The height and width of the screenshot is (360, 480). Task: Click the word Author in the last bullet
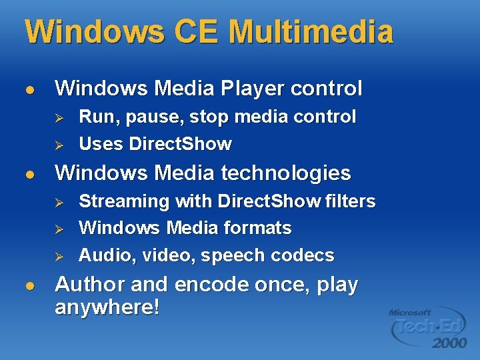coord(90,285)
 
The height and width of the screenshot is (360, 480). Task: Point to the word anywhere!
coord(107,308)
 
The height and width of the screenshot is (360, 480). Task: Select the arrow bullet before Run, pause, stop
coord(59,117)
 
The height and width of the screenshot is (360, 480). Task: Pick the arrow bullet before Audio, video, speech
coord(59,256)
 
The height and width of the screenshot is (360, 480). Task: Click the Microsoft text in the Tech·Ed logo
coord(410,312)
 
